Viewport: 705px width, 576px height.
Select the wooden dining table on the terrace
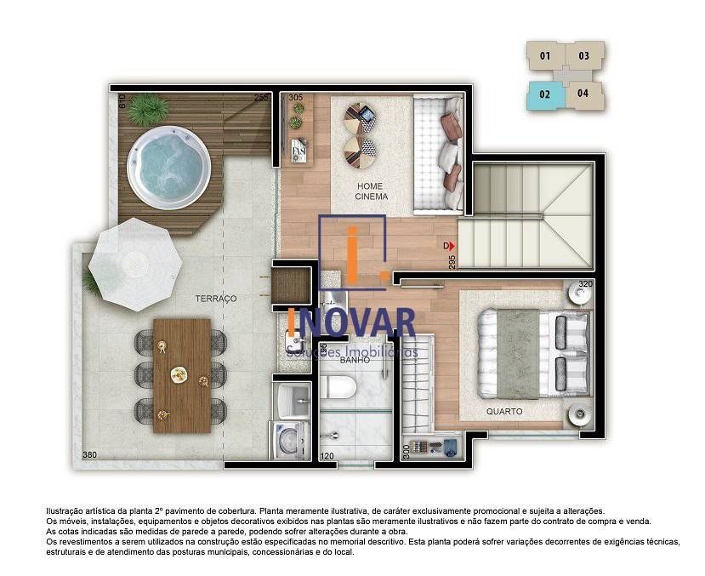click(x=181, y=374)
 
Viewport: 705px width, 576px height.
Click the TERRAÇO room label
click(x=215, y=299)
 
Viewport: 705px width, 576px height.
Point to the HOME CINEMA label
click(x=371, y=191)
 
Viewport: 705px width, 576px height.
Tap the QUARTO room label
click(x=504, y=412)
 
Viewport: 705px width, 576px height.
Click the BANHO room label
click(x=353, y=361)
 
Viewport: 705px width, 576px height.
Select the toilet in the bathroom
click(x=344, y=389)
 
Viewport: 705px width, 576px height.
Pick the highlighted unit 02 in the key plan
click(x=545, y=94)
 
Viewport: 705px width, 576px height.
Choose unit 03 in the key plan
click(x=584, y=57)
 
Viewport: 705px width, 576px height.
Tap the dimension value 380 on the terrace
click(x=89, y=455)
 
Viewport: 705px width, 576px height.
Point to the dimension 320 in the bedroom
click(x=585, y=284)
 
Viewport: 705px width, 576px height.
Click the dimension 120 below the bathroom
click(x=327, y=456)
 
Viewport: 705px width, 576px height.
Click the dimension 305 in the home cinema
click(x=296, y=99)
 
